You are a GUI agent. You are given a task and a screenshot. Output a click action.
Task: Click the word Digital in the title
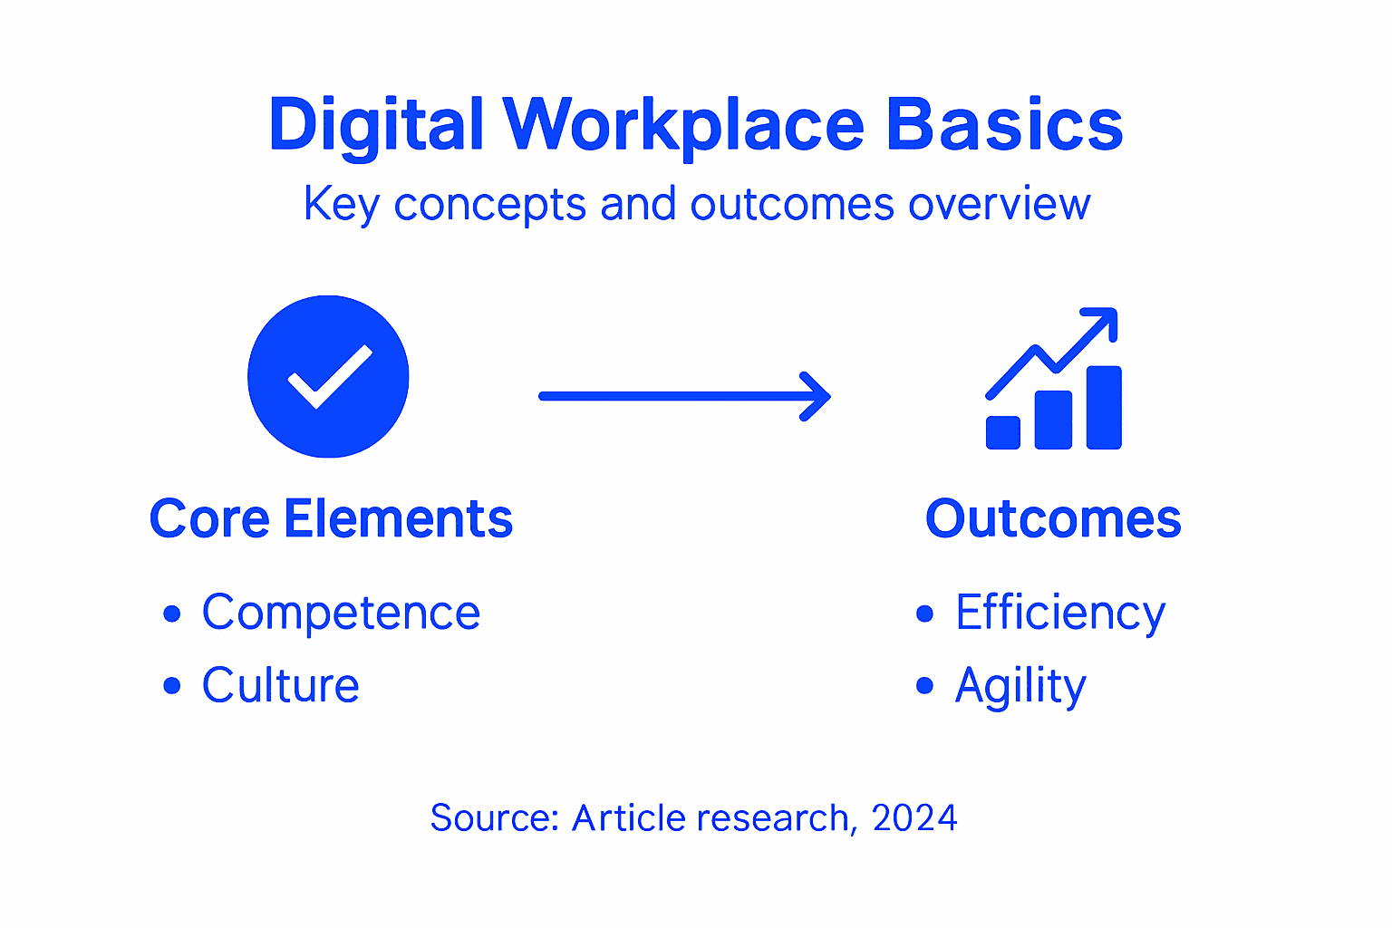376,125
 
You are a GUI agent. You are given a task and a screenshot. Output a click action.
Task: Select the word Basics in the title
1004,125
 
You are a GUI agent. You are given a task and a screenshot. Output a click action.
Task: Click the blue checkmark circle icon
328,376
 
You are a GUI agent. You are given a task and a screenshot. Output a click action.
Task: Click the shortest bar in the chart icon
1002,432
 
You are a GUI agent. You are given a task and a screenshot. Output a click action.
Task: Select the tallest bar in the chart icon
1104,407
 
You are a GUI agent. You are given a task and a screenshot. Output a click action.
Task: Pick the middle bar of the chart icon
1053,420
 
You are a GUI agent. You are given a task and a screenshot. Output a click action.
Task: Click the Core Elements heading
331,519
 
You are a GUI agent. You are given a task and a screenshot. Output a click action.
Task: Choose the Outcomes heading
1053,519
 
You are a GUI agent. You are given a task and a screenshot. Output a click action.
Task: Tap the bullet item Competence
341,613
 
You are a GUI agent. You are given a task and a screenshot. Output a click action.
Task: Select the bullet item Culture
281,685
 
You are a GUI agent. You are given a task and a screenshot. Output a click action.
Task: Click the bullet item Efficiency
1060,613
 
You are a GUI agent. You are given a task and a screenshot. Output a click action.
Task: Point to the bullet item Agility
1020,686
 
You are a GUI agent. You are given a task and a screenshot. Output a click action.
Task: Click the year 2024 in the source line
914,818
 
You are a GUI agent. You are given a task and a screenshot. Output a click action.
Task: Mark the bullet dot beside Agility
924,685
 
